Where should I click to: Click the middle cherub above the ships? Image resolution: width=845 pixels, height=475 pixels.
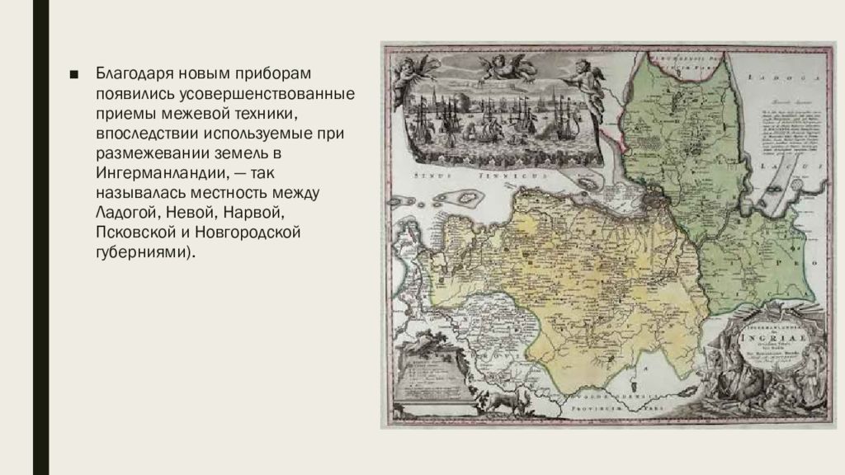[507, 67]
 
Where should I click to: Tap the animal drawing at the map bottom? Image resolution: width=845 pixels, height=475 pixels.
[498, 401]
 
